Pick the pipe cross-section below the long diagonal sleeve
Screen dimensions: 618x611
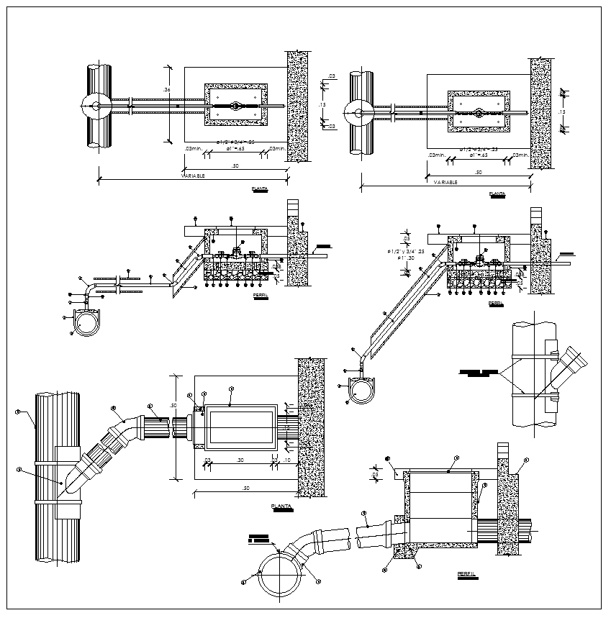361,388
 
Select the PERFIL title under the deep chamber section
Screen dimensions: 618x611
466,573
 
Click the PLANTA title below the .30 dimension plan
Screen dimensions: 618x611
281,506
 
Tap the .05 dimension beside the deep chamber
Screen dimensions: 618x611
374,475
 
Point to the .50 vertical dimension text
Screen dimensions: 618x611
173,406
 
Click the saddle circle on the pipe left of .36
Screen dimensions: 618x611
94,106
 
